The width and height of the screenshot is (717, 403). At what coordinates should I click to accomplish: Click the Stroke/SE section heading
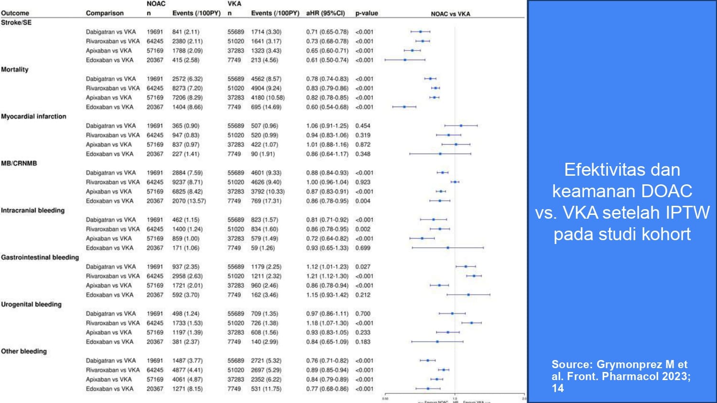point(16,22)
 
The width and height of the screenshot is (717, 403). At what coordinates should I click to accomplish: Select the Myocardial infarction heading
point(33,117)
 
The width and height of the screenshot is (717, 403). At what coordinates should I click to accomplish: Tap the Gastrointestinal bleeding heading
point(40,257)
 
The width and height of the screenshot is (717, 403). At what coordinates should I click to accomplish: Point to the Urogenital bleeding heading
point(31,304)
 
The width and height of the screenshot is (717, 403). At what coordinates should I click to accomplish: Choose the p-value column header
point(367,13)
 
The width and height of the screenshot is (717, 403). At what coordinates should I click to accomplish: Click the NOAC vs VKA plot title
point(450,14)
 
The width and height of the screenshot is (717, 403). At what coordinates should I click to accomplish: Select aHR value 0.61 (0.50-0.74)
point(327,60)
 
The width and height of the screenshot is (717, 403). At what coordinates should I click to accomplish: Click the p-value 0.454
point(363,126)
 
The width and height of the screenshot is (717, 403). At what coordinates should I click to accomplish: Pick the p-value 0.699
point(363,248)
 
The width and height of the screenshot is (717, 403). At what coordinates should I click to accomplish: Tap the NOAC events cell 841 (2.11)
point(186,32)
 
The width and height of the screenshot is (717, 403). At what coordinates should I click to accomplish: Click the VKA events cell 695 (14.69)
point(266,107)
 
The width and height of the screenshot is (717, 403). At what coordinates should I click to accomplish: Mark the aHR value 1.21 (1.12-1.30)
point(327,276)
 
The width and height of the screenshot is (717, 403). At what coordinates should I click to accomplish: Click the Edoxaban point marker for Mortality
point(404,107)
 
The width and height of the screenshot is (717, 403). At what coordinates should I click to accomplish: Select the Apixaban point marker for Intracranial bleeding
point(422,238)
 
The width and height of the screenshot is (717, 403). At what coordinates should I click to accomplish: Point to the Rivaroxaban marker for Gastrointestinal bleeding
point(474,276)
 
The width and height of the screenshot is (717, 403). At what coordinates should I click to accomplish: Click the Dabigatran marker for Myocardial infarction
point(461,126)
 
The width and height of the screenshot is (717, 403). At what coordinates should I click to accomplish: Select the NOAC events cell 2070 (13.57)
point(189,201)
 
